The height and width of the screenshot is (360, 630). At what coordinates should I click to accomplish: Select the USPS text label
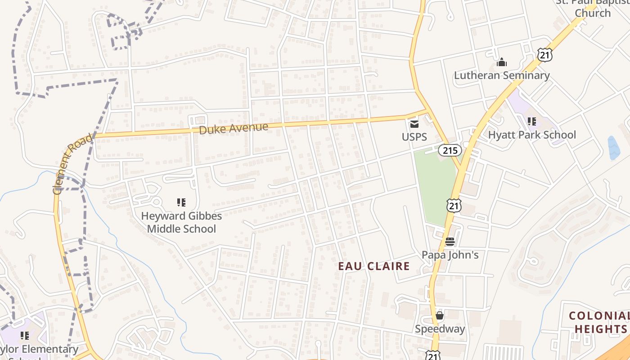pyautogui.click(x=414, y=136)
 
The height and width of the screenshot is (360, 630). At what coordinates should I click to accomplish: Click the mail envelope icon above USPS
pyautogui.click(x=414, y=123)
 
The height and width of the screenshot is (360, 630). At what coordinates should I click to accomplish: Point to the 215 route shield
pyautogui.click(x=450, y=150)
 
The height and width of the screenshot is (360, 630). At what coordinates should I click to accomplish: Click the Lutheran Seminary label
pyautogui.click(x=501, y=75)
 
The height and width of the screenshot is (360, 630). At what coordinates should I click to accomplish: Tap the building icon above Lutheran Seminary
pyautogui.click(x=501, y=62)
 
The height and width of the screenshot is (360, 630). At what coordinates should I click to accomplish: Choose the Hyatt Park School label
pyautogui.click(x=532, y=135)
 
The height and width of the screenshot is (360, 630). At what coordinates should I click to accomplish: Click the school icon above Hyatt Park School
pyautogui.click(x=532, y=121)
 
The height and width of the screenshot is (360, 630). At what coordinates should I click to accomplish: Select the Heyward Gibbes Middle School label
pyautogui.click(x=181, y=222)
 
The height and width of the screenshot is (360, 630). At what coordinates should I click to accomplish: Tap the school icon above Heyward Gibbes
pyautogui.click(x=181, y=202)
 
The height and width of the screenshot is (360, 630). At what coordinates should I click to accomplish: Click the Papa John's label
pyautogui.click(x=450, y=255)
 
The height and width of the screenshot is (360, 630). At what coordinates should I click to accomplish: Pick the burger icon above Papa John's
pyautogui.click(x=450, y=242)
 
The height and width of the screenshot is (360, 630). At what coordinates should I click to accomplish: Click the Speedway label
pyautogui.click(x=440, y=328)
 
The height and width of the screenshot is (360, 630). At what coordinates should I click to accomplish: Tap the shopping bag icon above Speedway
pyautogui.click(x=440, y=315)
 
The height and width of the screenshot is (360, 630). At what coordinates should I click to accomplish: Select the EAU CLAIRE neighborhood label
pyautogui.click(x=374, y=266)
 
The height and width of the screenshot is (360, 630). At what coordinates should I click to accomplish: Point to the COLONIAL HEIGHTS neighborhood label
pyautogui.click(x=598, y=322)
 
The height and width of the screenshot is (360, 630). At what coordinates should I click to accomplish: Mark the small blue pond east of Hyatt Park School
pyautogui.click(x=613, y=148)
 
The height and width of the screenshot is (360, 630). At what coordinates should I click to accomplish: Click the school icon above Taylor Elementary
pyautogui.click(x=25, y=335)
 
